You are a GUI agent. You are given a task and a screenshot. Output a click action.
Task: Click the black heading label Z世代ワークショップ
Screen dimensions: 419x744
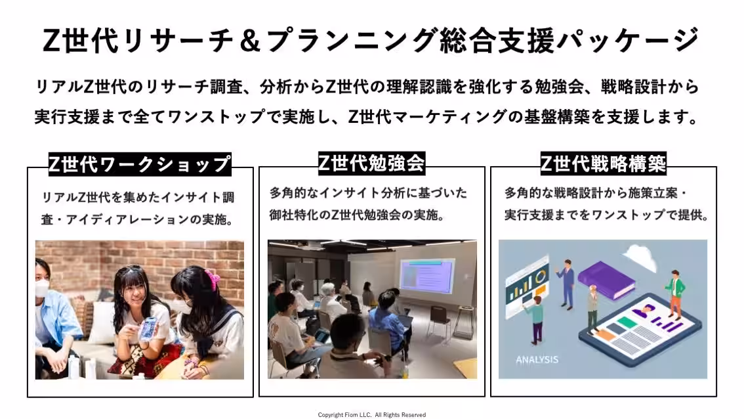point(140,164)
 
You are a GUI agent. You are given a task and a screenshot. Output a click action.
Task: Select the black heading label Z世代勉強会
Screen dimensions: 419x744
point(371,163)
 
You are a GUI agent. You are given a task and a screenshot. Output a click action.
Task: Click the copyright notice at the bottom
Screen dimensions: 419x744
point(371,414)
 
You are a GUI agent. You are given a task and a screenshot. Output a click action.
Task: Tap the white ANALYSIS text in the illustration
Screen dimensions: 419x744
point(537,359)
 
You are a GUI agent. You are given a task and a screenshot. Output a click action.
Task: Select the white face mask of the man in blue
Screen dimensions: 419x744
point(42,287)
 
